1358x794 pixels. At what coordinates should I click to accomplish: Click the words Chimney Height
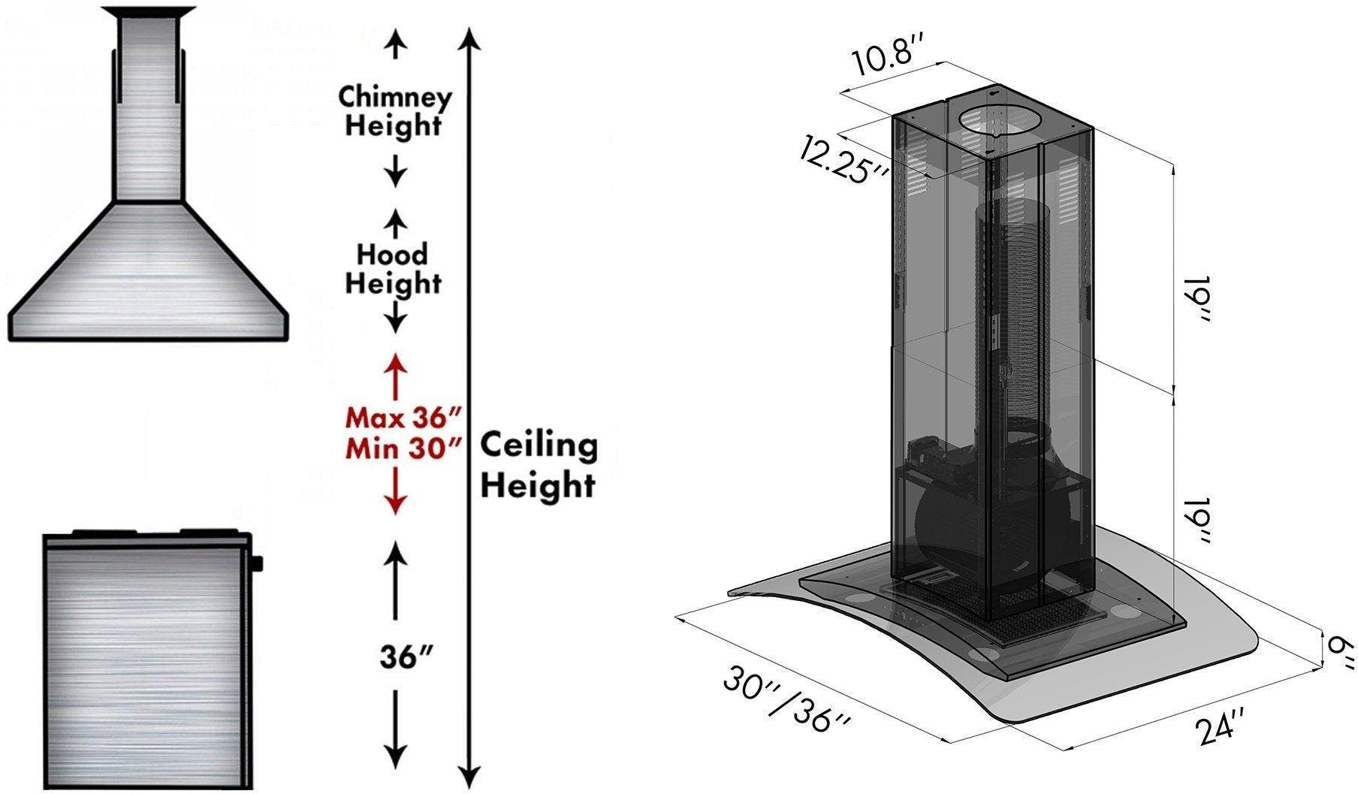click(x=394, y=110)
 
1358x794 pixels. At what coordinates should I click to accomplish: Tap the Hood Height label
click(x=393, y=269)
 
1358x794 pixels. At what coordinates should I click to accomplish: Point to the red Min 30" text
click(x=403, y=448)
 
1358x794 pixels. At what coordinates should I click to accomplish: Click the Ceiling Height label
click(x=539, y=465)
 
